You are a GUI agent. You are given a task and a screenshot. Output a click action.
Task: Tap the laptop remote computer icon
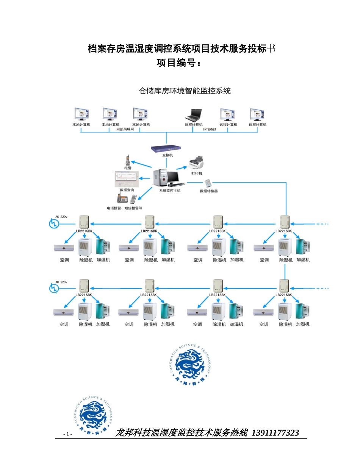(194, 115)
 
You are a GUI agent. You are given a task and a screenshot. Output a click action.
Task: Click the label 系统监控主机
(170, 191)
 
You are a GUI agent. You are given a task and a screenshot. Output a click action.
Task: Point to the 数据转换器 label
(209, 191)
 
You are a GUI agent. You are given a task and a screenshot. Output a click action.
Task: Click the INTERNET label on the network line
(210, 129)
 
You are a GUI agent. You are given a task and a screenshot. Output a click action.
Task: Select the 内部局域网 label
(125, 129)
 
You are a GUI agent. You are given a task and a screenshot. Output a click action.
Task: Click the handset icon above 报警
(128, 160)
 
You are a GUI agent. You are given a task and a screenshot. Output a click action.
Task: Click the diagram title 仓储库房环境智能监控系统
(185, 91)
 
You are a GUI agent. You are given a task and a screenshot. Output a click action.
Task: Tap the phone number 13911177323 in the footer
(275, 433)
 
